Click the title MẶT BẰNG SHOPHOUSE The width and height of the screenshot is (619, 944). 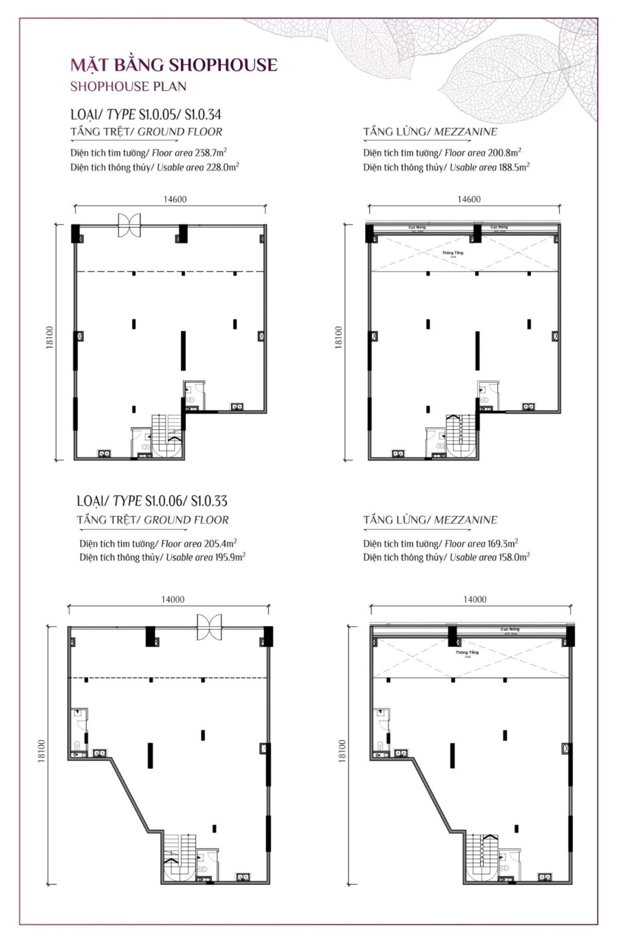[173, 65]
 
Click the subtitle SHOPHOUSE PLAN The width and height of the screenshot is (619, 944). [128, 87]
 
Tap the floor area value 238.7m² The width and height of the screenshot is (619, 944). [216, 153]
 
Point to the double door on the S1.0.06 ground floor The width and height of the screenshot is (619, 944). [208, 625]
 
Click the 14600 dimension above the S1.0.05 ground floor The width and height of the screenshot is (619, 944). [175, 200]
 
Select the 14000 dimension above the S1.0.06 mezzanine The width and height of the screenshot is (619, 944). [474, 599]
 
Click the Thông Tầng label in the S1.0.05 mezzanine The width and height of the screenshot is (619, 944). [453, 253]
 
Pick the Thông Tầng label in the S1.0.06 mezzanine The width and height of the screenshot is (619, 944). [467, 652]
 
